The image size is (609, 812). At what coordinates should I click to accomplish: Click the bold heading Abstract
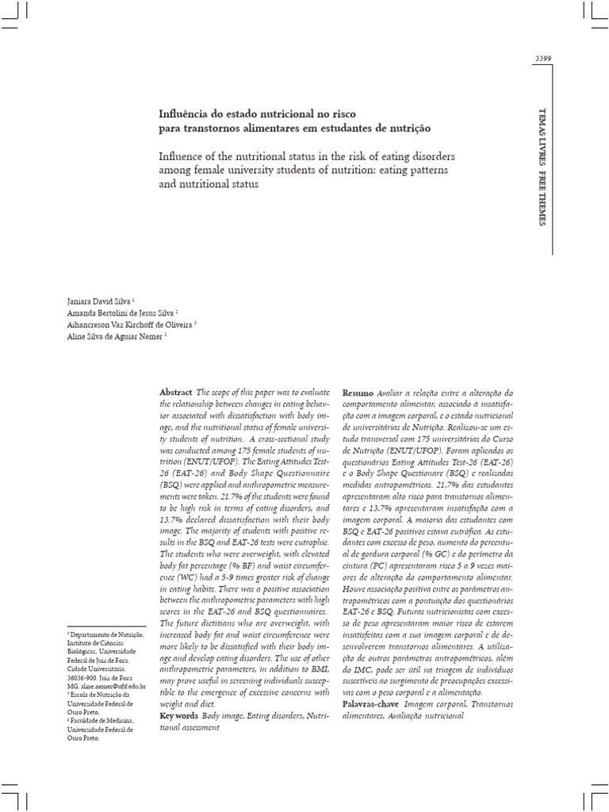click(176, 393)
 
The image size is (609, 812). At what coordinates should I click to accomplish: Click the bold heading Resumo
click(358, 393)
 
